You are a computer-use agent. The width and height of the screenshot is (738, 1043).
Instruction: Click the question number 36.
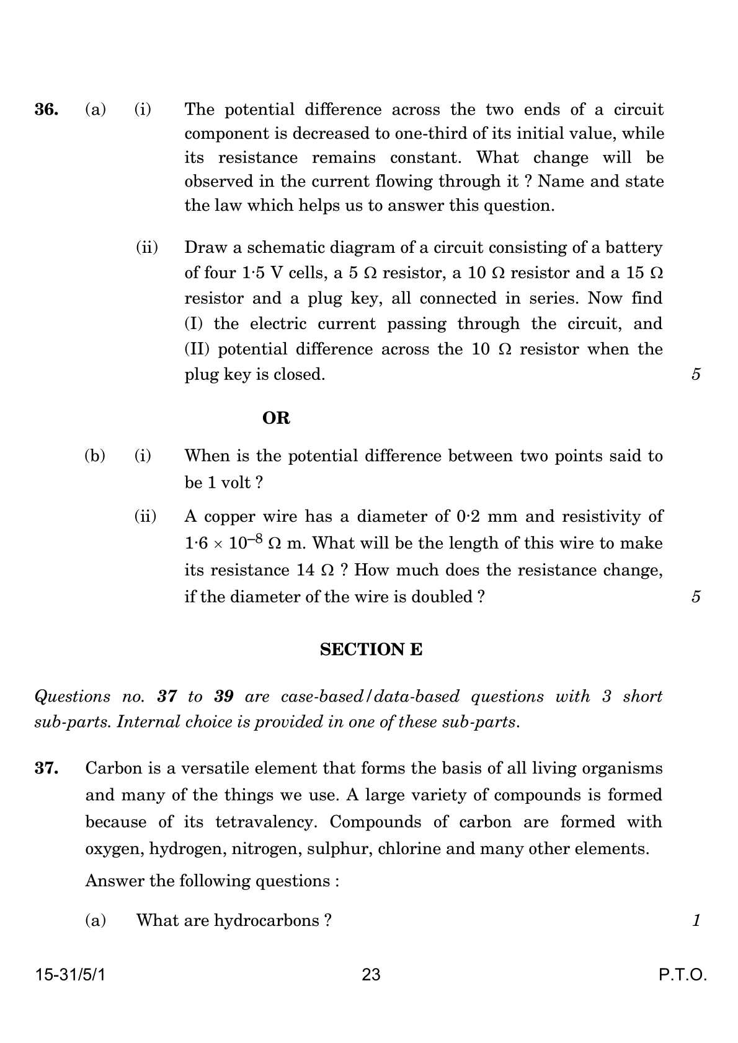coord(47,110)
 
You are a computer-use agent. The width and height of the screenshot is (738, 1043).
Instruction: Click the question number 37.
coord(47,768)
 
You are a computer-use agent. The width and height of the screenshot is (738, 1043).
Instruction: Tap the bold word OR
coord(276,418)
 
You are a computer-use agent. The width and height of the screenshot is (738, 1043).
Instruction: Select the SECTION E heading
coord(371,649)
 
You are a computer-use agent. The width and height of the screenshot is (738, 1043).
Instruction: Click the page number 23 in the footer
coord(371,975)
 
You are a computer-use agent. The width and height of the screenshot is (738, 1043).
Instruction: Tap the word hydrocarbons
coord(265,920)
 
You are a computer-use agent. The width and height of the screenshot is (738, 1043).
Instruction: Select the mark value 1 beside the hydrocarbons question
coord(696,920)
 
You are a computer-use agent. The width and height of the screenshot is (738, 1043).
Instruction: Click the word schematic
coord(285,248)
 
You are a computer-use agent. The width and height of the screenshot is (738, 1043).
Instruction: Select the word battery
coord(634,248)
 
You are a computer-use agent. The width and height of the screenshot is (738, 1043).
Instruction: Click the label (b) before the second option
coord(95,456)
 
